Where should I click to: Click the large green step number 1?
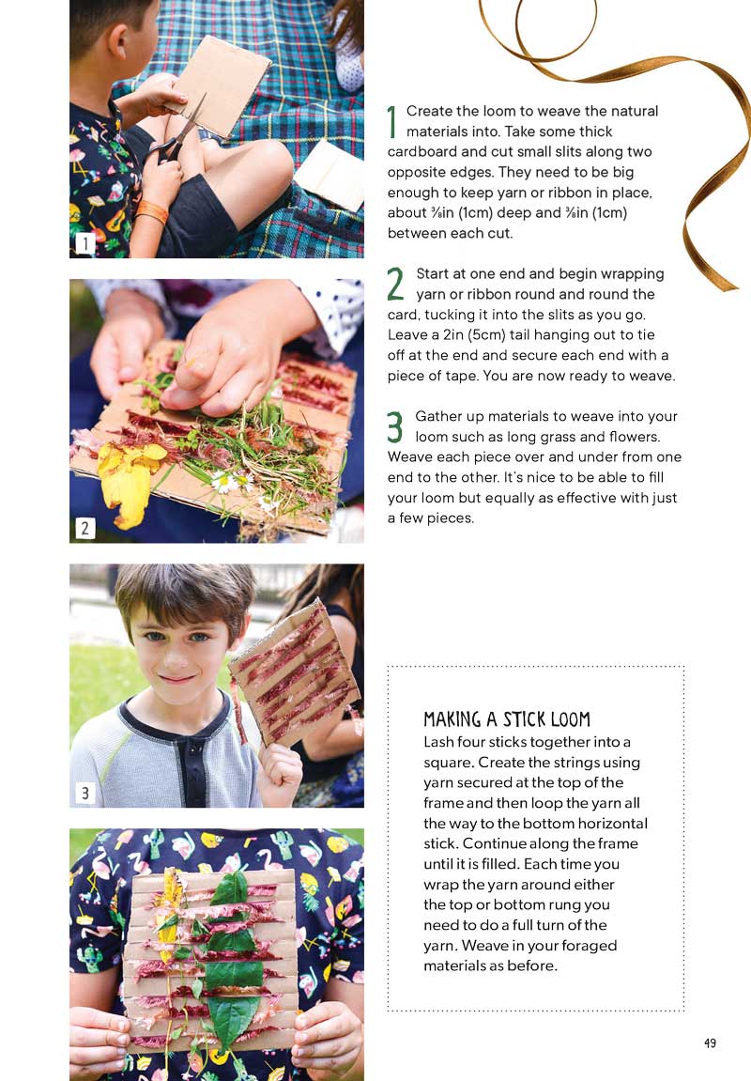coord(392,121)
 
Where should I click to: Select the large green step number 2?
coord(395,284)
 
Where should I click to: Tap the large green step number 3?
coord(395,426)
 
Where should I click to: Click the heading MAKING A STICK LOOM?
coord(507,720)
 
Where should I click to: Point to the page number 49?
coord(710,1042)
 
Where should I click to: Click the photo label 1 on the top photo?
coord(84,244)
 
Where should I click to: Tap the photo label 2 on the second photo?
coord(84,528)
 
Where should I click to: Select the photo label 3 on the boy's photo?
coord(84,794)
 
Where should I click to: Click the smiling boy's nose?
coord(176,657)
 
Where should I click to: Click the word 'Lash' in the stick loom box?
coord(439,742)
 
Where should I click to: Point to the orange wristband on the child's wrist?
coord(152,213)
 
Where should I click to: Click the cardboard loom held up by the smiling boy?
coord(296,672)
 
